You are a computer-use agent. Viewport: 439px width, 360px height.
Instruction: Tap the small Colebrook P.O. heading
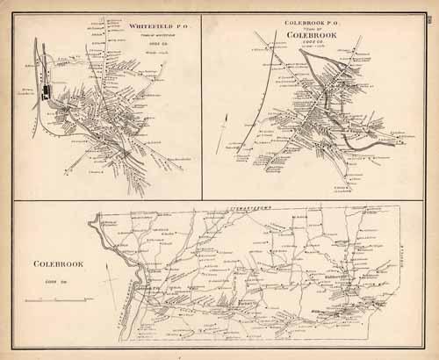point(313,19)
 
